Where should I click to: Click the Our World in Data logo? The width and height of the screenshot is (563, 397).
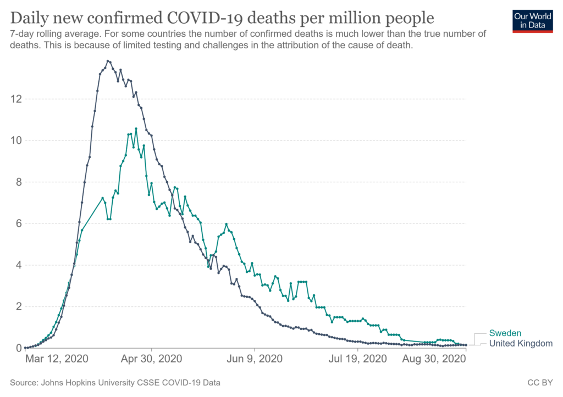click(532, 20)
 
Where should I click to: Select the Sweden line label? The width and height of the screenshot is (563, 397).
click(505, 333)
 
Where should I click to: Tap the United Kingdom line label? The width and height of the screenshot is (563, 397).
click(521, 343)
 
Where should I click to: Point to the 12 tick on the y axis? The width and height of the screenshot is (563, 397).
click(16, 99)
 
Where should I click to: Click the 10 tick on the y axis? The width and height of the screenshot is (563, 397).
click(16, 141)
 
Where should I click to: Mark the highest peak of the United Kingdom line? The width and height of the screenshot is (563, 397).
click(108, 61)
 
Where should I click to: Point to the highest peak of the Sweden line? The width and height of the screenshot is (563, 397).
click(136, 129)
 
